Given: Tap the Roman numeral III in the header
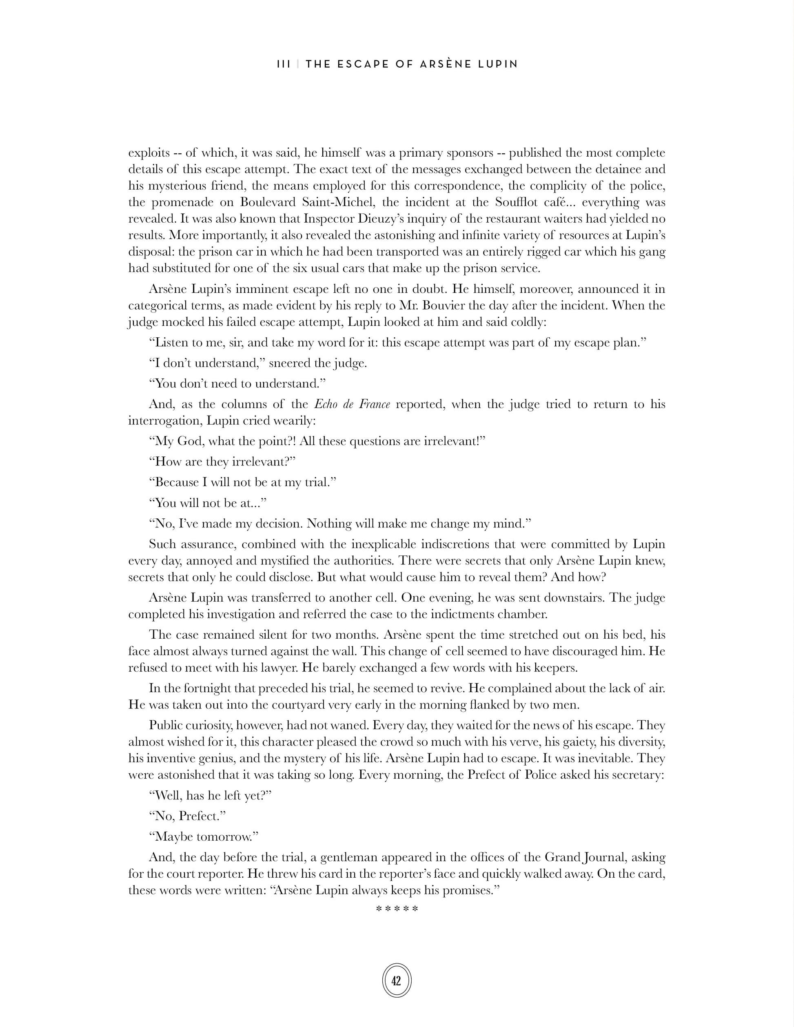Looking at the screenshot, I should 284,64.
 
